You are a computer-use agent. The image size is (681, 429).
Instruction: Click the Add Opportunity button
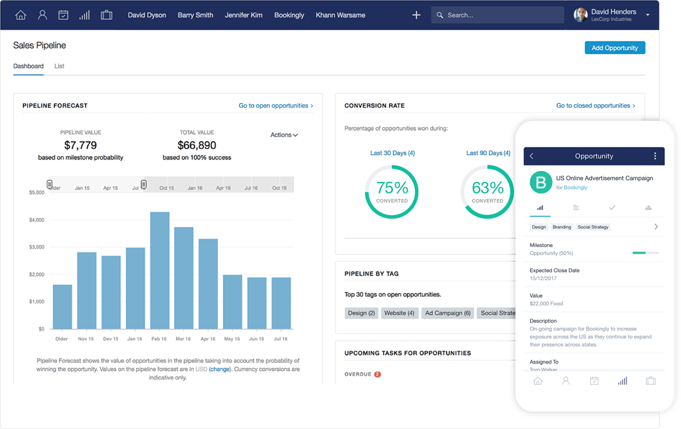click(614, 48)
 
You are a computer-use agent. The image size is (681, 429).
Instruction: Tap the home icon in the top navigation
click(21, 15)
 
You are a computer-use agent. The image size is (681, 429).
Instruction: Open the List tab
click(59, 66)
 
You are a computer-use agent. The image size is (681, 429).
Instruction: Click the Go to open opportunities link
click(275, 106)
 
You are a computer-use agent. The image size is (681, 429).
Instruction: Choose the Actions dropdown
click(283, 135)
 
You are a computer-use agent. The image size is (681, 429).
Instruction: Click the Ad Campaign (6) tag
click(448, 313)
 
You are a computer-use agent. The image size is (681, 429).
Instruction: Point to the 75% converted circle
click(392, 192)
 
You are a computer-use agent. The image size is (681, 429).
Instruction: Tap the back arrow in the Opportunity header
click(532, 156)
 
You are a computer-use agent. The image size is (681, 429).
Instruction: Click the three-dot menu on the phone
click(655, 156)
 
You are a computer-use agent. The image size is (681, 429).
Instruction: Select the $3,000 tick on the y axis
click(37, 247)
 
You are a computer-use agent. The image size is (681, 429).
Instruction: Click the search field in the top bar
click(497, 15)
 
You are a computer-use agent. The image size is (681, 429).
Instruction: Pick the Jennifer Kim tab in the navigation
click(243, 15)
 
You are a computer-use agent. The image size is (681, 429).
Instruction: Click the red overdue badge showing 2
click(377, 374)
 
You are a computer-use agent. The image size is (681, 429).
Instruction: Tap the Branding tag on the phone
click(561, 227)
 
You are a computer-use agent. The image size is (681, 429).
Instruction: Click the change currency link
click(220, 369)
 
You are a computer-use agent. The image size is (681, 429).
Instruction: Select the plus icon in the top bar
click(416, 15)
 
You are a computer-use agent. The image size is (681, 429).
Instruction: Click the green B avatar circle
click(541, 183)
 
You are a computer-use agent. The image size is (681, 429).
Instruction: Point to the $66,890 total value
click(196, 145)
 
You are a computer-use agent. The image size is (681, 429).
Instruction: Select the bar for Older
click(63, 307)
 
